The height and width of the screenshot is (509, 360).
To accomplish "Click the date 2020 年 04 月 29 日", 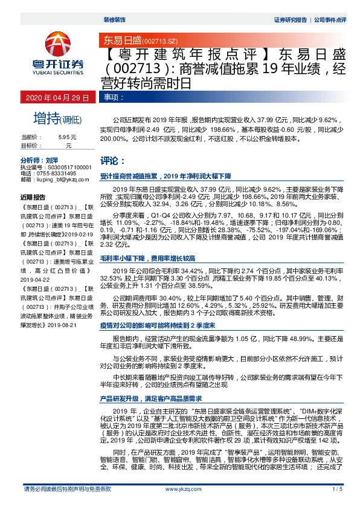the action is click(x=57, y=97).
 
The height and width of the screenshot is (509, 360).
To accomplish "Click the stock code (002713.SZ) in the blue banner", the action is click(x=159, y=40).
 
